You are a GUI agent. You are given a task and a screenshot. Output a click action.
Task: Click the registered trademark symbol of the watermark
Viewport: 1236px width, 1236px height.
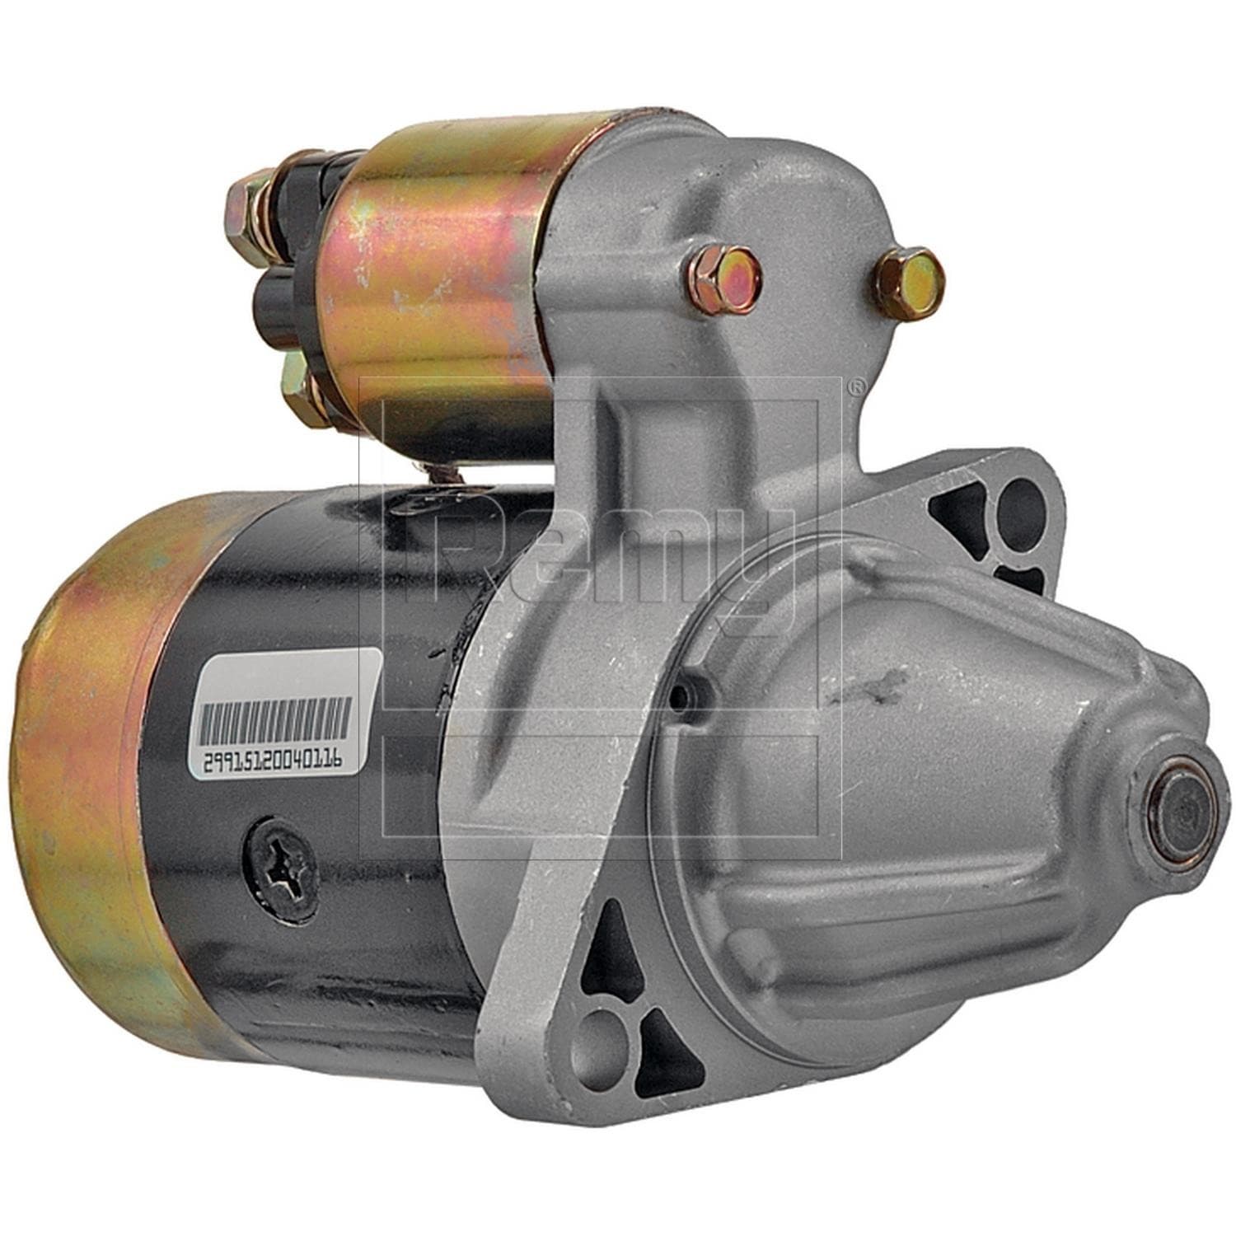(857, 385)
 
